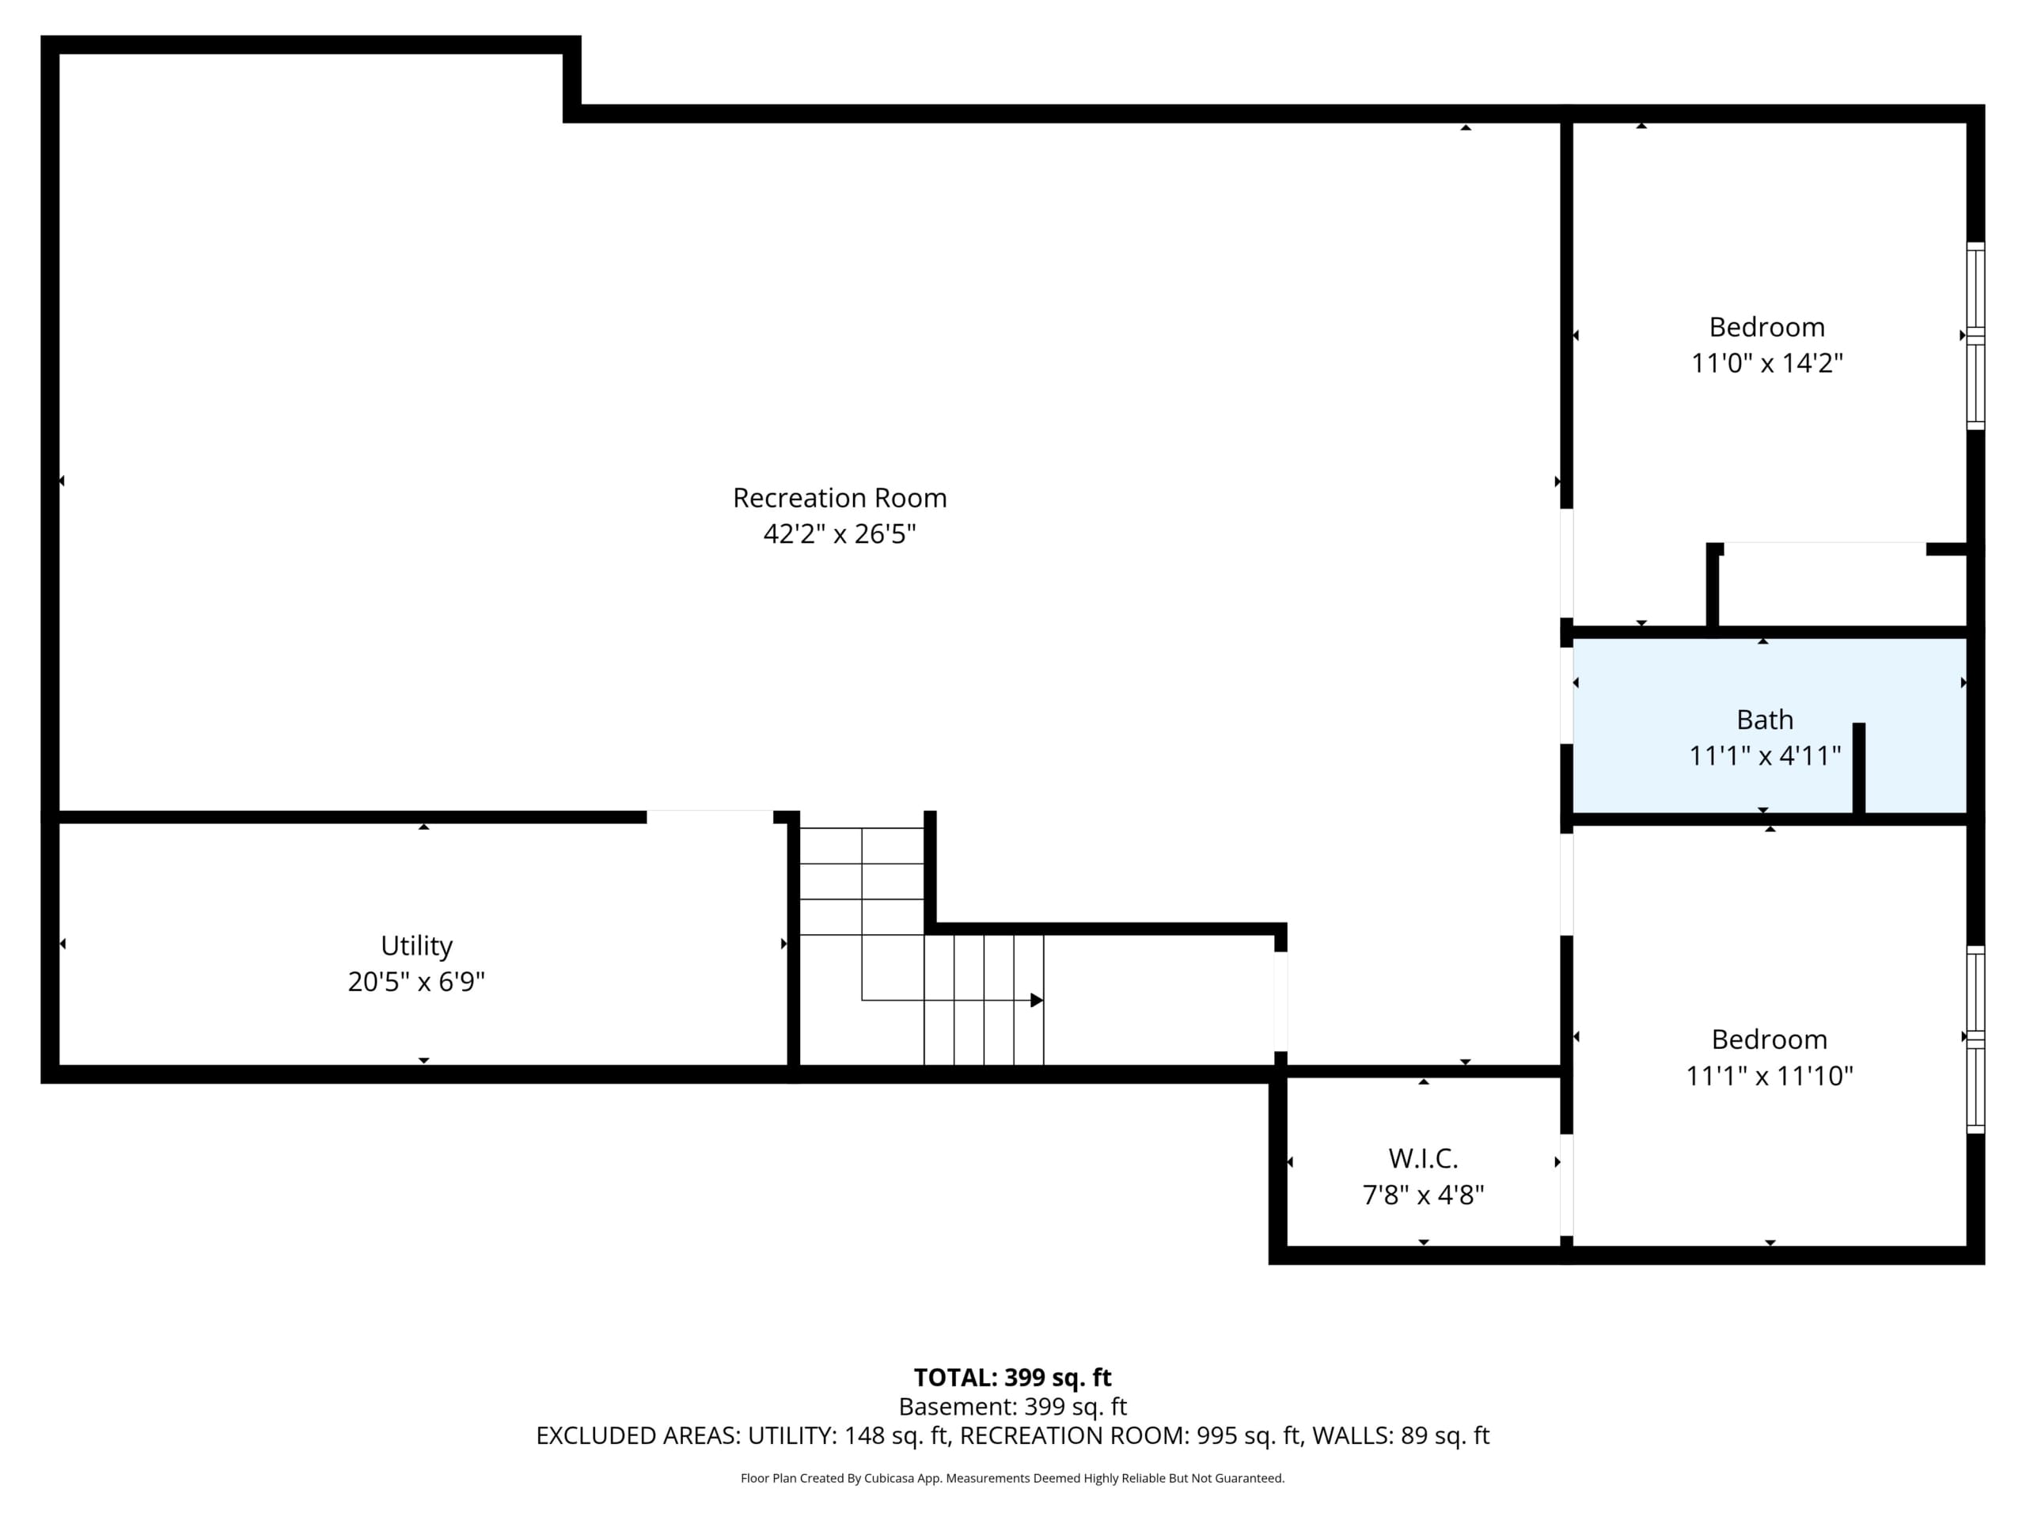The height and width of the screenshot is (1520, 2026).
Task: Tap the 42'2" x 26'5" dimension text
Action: coord(839,534)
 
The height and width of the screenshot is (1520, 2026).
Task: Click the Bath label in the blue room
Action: coord(1765,720)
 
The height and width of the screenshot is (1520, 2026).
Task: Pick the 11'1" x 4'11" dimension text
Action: coord(1765,756)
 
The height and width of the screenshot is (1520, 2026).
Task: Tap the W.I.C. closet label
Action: coord(1423,1159)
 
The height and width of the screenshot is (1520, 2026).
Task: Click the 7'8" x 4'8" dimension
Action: coord(1423,1195)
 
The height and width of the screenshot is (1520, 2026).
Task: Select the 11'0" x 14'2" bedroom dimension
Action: coord(1766,363)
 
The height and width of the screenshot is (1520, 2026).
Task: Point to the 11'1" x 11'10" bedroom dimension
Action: coord(1770,1075)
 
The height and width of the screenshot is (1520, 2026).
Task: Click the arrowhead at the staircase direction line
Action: coord(1037,1000)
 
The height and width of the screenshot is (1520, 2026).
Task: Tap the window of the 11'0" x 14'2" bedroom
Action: coord(1975,336)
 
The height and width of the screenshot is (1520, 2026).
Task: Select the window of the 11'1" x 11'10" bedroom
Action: coord(1975,1039)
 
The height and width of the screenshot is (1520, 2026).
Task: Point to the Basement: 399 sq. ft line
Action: coord(1012,1406)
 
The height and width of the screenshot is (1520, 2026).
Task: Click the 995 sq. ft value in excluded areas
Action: coord(1248,1436)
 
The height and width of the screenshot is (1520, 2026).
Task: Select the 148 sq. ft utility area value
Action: coord(896,1436)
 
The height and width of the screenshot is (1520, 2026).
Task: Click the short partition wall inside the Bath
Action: coord(1858,768)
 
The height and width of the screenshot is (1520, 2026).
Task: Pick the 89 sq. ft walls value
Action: coord(1444,1436)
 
